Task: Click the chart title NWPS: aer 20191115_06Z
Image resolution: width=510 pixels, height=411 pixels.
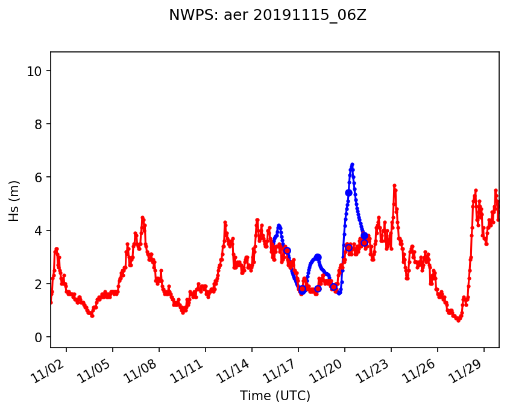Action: tap(267, 16)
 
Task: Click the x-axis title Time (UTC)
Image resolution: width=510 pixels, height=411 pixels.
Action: tap(274, 396)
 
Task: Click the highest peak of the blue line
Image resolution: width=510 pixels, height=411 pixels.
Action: tap(352, 164)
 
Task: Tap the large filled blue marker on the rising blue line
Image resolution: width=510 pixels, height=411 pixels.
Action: tap(348, 193)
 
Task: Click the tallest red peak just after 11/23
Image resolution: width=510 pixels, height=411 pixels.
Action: tap(394, 185)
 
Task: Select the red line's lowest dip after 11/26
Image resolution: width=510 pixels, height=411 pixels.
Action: tap(458, 320)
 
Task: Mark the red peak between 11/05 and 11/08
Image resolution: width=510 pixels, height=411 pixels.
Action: tap(142, 217)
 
